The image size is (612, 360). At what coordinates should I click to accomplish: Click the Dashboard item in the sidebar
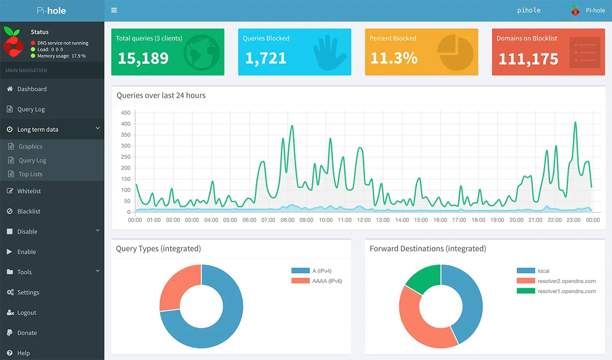click(x=32, y=89)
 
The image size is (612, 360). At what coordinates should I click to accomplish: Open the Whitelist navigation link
click(x=29, y=191)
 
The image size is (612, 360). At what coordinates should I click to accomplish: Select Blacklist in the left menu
click(x=29, y=211)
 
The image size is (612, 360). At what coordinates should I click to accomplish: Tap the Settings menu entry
click(x=28, y=292)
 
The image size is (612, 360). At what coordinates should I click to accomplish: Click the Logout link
click(x=27, y=313)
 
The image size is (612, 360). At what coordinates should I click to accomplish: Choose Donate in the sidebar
click(x=27, y=333)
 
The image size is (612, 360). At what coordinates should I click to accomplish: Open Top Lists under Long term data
click(x=30, y=174)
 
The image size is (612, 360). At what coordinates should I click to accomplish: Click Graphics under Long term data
click(x=30, y=147)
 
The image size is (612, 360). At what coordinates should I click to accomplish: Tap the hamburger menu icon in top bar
click(x=114, y=11)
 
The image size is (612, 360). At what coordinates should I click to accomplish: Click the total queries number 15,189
click(x=143, y=58)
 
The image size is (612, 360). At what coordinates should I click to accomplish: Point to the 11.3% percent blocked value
click(x=394, y=58)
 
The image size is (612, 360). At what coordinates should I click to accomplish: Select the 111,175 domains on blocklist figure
click(x=528, y=59)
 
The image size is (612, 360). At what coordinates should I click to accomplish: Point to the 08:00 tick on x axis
click(x=287, y=220)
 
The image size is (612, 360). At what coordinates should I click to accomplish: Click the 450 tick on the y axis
click(x=126, y=113)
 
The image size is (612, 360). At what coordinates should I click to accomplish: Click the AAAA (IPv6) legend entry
click(x=327, y=281)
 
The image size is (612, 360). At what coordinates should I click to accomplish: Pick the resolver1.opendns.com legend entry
click(x=566, y=291)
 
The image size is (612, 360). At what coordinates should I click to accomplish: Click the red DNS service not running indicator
click(x=33, y=43)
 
